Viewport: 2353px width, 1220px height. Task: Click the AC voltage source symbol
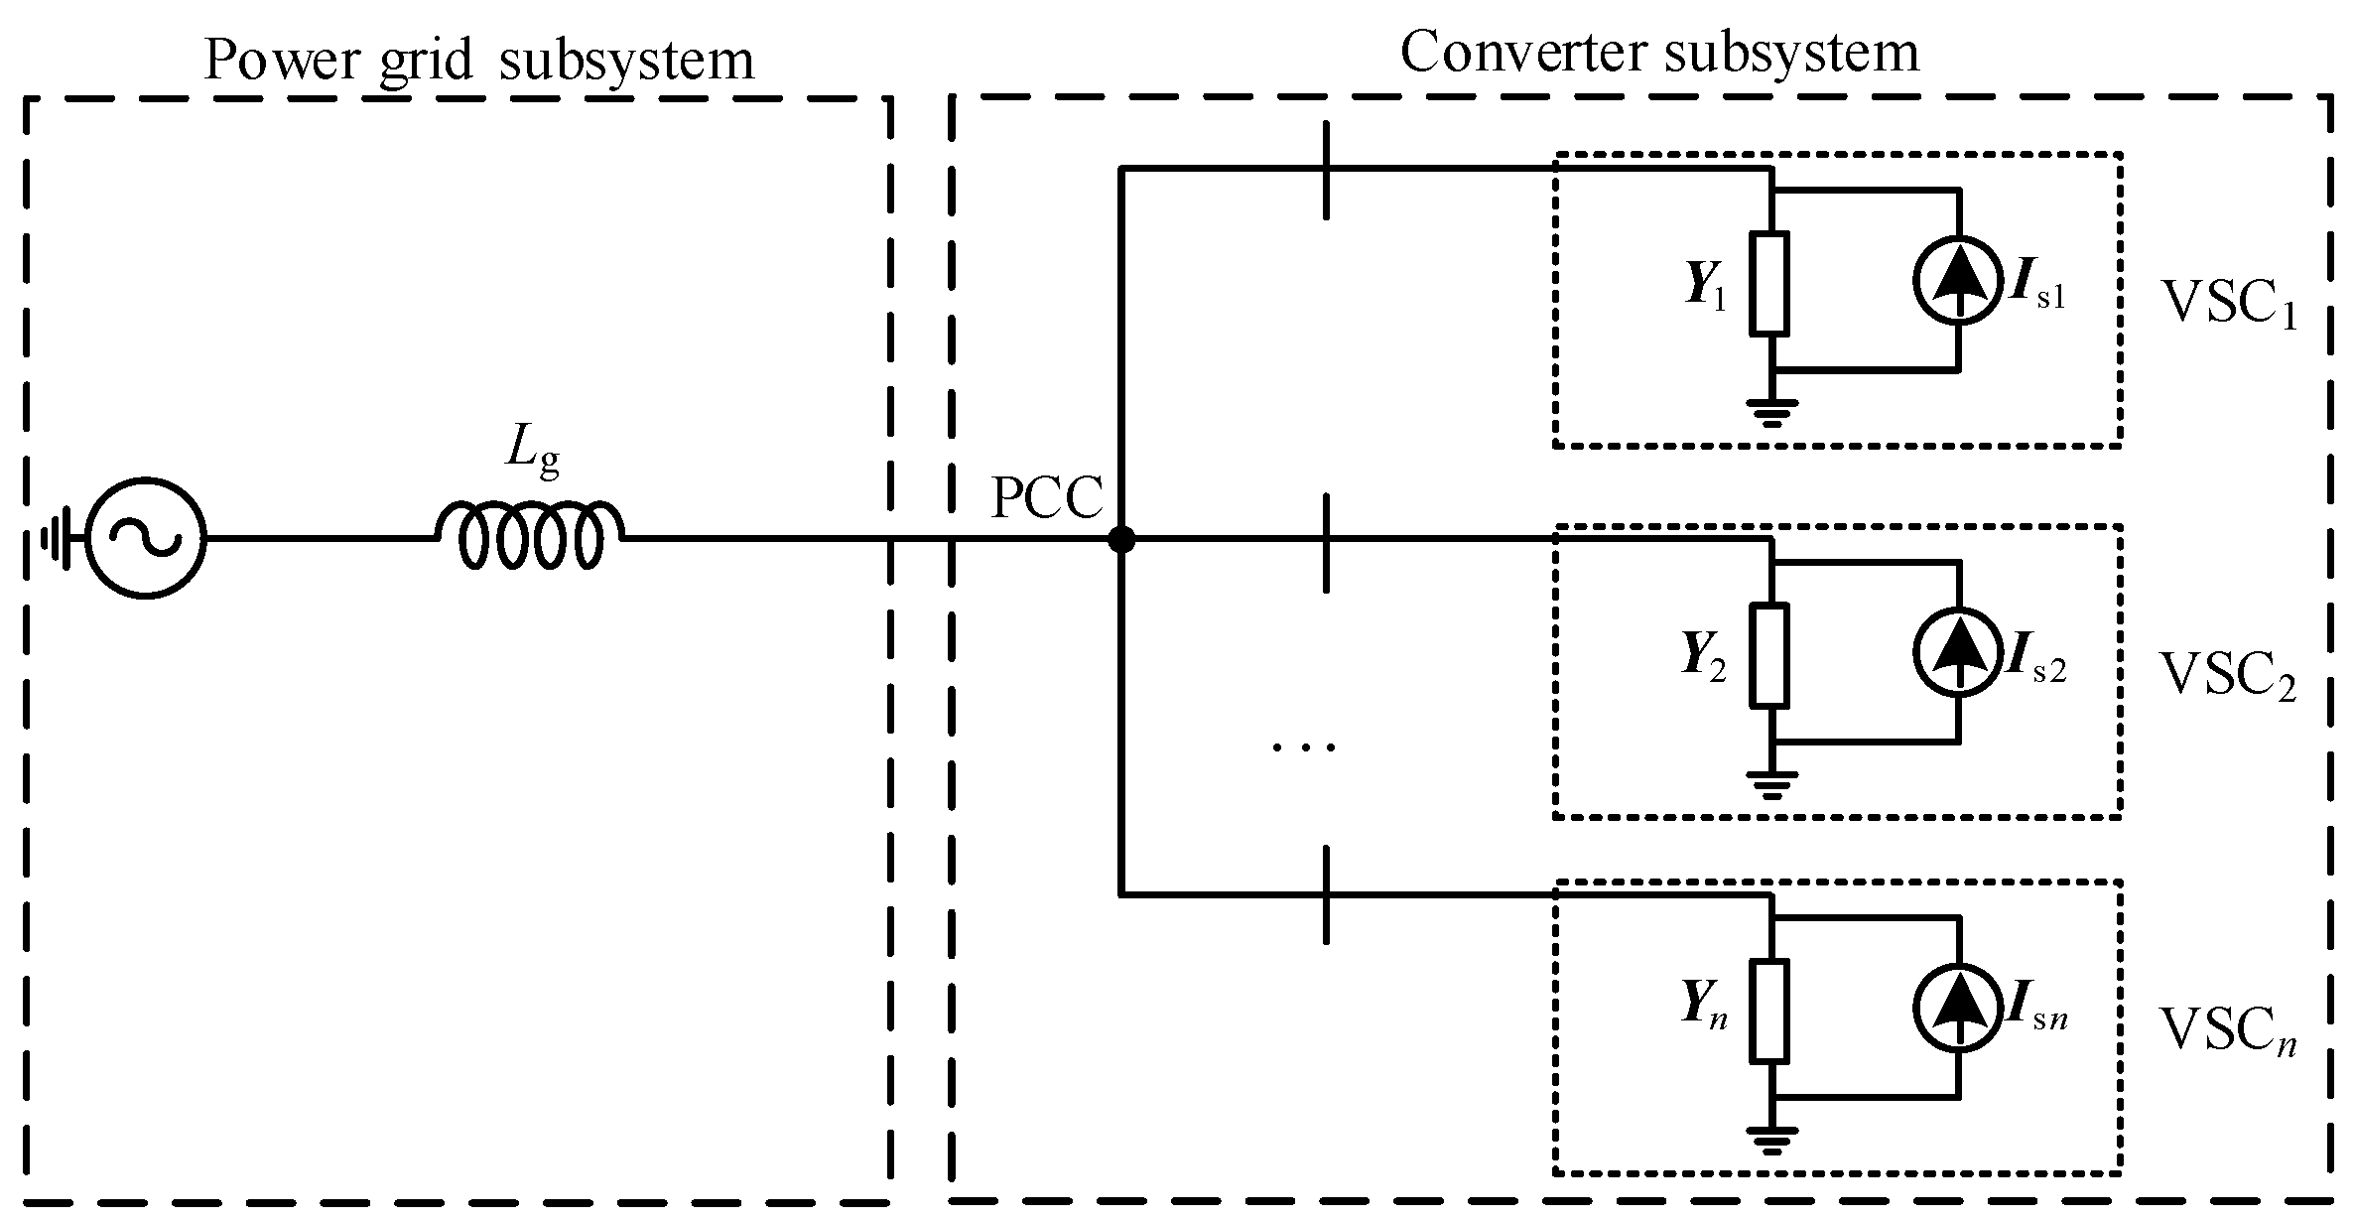click(146, 538)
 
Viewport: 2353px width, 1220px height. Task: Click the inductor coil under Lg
click(531, 536)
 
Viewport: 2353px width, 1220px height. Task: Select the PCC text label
click(1047, 499)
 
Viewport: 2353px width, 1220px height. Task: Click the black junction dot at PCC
click(1121, 540)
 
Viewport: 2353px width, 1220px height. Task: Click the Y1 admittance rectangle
click(1769, 283)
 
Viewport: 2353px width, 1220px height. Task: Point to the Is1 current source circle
click(1957, 281)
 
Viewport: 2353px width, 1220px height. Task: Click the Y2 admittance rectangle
click(1769, 654)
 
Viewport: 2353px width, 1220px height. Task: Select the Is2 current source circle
click(1957, 652)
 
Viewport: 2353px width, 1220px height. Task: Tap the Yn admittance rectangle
click(1769, 1011)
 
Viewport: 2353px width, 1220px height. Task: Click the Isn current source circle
click(1957, 1009)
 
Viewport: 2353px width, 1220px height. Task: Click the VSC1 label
click(2227, 305)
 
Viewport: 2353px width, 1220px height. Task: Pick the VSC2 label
click(2227, 677)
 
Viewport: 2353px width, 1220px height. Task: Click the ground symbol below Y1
click(1771, 412)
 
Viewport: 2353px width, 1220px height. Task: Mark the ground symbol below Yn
click(1771, 1141)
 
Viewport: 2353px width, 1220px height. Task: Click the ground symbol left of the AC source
click(57, 539)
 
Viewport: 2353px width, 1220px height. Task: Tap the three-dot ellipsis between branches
click(1304, 746)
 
